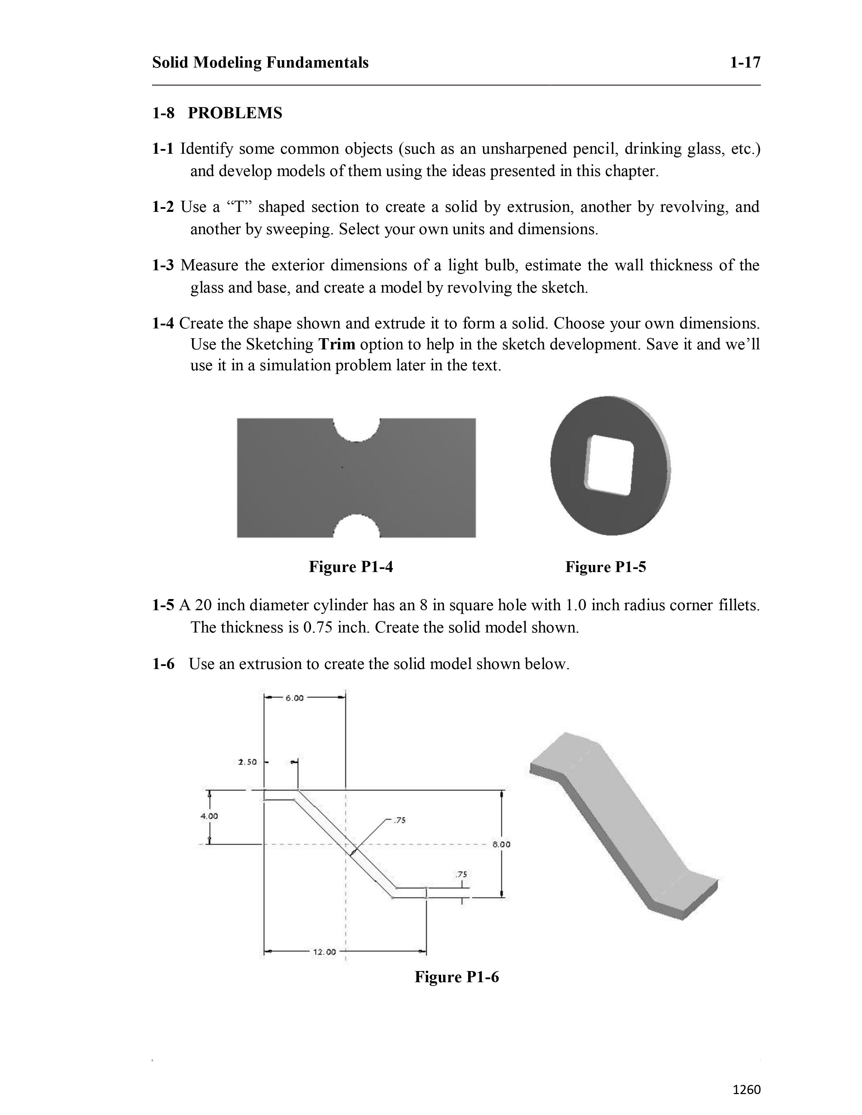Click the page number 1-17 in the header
click(745, 63)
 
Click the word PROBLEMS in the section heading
click(235, 113)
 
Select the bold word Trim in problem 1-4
click(337, 345)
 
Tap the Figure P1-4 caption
click(351, 567)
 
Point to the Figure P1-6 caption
click(457, 977)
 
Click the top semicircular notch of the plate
click(356, 429)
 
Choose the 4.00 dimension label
click(209, 816)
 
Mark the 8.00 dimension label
click(501, 844)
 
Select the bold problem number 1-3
click(163, 266)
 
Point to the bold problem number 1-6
click(163, 664)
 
